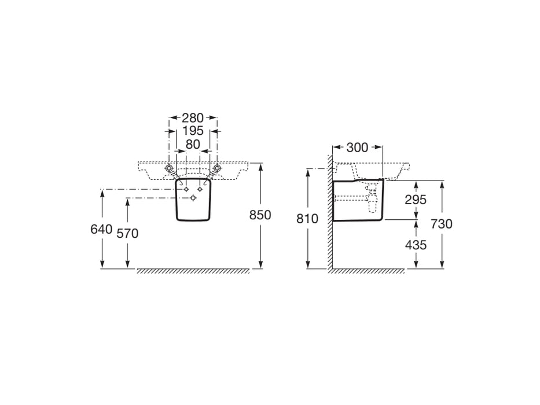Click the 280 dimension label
193,118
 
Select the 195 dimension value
193,131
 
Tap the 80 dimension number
193,145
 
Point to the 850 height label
260,215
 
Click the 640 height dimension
102,229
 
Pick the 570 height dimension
127,234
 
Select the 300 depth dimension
357,148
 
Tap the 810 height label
307,219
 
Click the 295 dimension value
416,200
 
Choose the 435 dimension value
416,245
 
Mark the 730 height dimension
442,224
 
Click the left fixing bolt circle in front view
169,168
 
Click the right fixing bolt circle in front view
217,168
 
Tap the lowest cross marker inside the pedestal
193,198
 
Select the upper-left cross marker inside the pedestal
186,189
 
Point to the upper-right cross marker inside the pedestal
200,189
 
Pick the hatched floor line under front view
193,271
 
